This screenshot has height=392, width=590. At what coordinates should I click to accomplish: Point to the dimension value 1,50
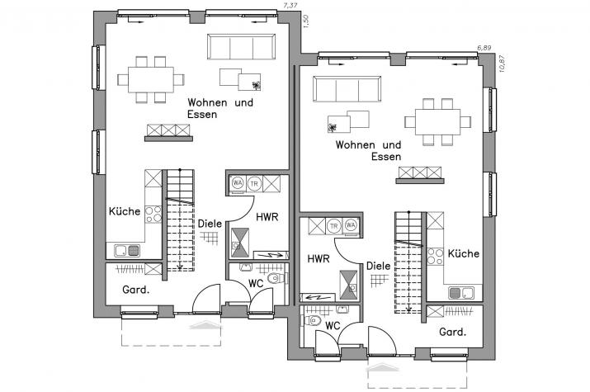click(x=305, y=21)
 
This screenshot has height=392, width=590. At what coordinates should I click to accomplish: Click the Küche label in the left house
click(x=124, y=211)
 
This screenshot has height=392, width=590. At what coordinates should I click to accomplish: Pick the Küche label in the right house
click(x=464, y=254)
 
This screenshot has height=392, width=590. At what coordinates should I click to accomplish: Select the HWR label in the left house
click(x=267, y=217)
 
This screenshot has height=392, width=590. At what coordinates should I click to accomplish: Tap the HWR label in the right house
click(x=319, y=258)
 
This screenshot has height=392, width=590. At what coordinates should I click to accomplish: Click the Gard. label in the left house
click(x=135, y=290)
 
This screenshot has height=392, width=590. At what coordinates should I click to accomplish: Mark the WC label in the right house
click(x=333, y=325)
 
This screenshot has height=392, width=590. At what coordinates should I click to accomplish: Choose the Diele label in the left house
click(x=208, y=223)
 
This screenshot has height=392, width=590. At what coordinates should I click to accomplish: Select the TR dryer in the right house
click(x=334, y=225)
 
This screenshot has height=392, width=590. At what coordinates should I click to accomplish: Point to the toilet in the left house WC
click(x=277, y=280)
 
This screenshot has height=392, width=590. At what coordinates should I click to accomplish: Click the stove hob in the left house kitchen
click(x=153, y=215)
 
